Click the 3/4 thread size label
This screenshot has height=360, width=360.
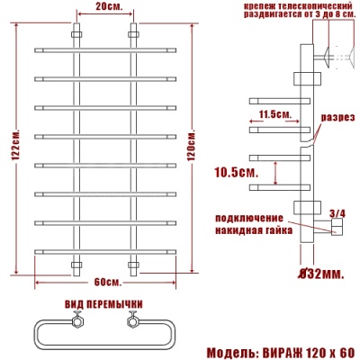(337, 213)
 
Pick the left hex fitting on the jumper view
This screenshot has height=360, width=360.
(78, 319)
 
